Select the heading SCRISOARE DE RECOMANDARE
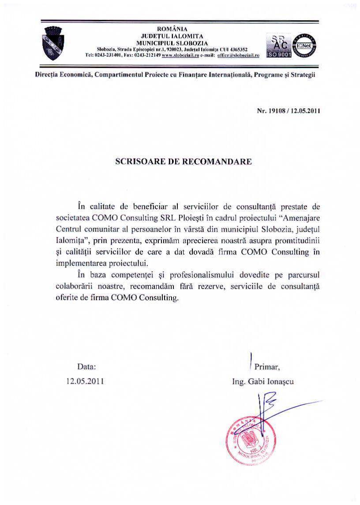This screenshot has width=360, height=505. click(x=184, y=162)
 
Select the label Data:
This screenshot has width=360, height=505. click(x=86, y=366)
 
